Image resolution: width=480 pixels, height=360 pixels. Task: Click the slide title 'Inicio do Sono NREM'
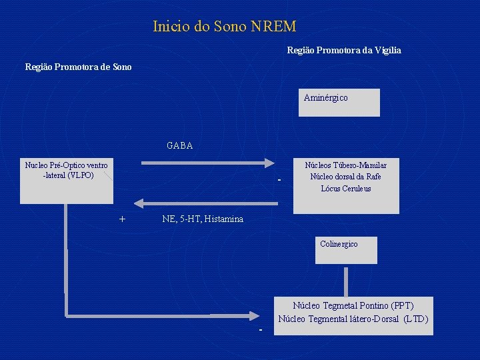[x=224, y=27]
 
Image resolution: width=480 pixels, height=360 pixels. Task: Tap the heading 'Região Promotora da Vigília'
[x=343, y=50]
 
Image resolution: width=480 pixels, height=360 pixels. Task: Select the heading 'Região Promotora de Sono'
[x=78, y=67]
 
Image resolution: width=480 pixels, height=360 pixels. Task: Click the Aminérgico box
[x=339, y=102]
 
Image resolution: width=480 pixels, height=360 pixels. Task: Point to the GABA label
[x=179, y=145]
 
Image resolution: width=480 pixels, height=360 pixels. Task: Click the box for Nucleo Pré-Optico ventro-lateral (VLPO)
[x=66, y=180]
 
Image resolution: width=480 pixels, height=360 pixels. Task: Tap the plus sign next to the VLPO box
[x=122, y=219]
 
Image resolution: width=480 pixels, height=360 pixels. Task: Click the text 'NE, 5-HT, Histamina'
[x=203, y=219]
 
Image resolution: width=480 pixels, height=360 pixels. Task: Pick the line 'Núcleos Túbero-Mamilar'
[x=345, y=165]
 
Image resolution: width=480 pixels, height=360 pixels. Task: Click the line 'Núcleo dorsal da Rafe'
[x=345, y=177]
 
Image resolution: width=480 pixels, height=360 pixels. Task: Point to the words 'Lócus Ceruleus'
[x=345, y=189]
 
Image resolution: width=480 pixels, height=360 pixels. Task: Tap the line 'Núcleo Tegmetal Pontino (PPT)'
[x=353, y=305]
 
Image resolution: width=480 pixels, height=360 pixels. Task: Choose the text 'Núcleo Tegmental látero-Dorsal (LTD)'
[x=353, y=319]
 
